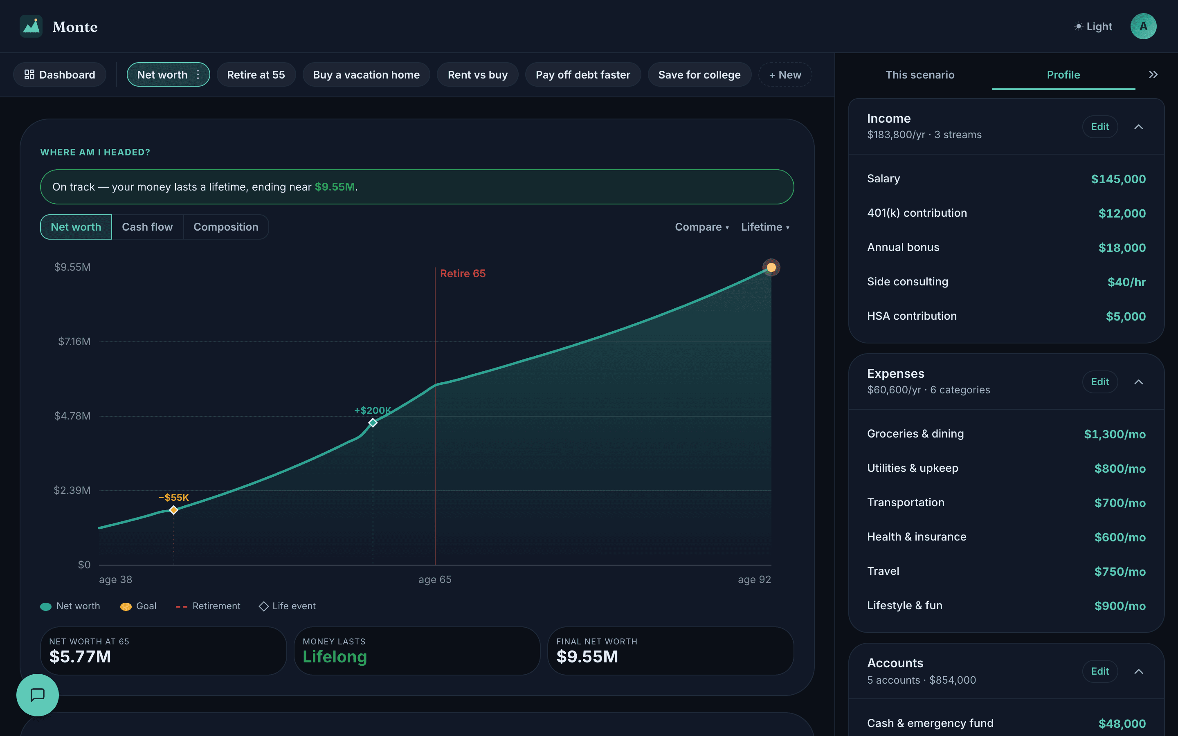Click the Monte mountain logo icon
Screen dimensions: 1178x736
click(31, 26)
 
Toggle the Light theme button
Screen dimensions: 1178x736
click(1093, 26)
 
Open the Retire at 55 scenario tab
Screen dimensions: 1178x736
click(256, 74)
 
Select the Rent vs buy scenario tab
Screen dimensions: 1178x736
click(477, 74)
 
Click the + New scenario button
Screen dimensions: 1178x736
click(785, 74)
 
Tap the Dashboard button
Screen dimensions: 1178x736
click(60, 74)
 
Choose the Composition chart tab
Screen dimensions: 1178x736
click(226, 227)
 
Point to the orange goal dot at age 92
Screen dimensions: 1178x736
click(771, 267)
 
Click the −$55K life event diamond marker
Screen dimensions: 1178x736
click(174, 509)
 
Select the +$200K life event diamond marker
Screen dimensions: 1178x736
click(373, 422)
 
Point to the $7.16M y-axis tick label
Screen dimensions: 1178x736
click(74, 342)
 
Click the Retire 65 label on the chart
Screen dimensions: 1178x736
click(463, 274)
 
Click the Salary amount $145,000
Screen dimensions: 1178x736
click(1118, 179)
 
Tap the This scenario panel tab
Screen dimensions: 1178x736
click(920, 74)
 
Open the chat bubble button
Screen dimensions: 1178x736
click(38, 695)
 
